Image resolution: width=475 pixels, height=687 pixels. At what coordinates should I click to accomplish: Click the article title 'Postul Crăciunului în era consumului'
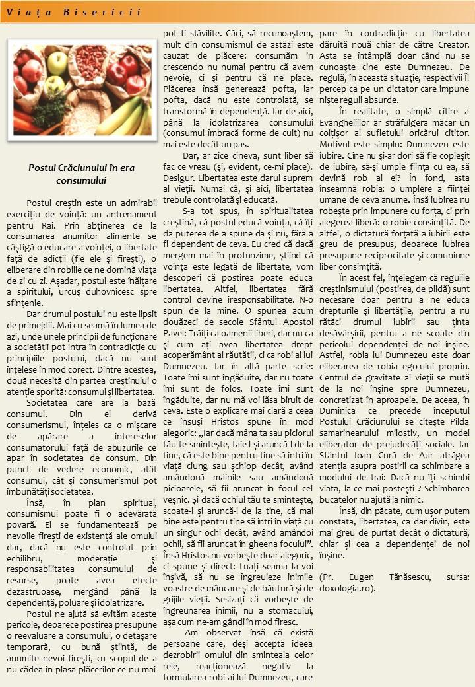pyautogui.click(x=81, y=174)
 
